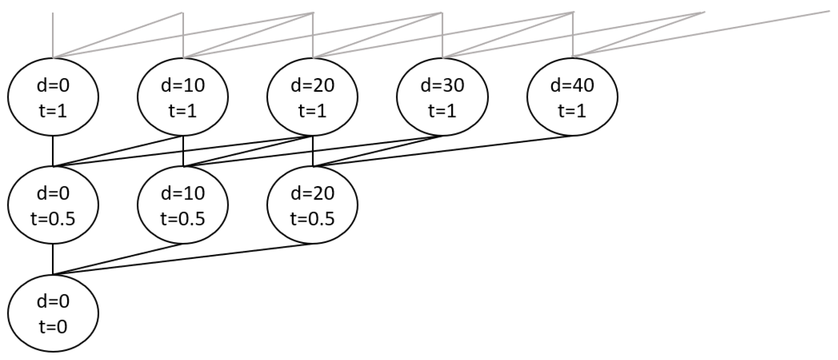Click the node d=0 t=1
53,97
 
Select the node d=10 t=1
183,97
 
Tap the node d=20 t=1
313,97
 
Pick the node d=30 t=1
442,97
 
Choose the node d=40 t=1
572,97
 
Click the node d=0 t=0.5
53,205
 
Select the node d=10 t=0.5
183,205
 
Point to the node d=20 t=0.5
313,205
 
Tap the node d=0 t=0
53,313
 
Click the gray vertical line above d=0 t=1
53,35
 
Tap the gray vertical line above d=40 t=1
573,35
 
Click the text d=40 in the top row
572,85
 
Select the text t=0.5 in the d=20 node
313,218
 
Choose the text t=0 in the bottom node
53,326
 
